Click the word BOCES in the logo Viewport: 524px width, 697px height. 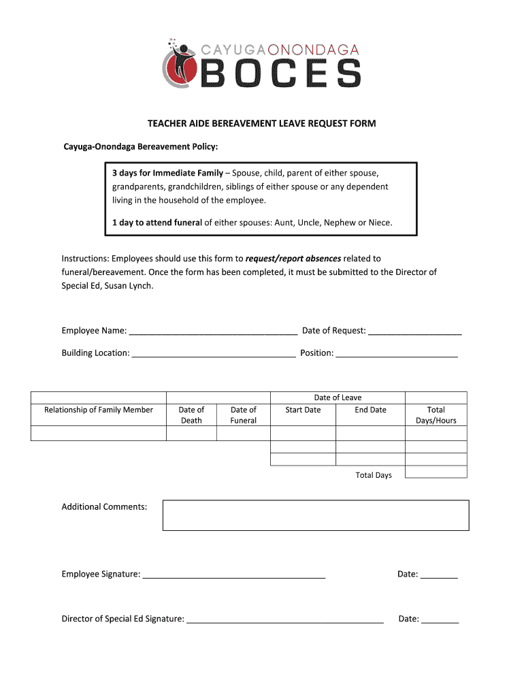(280, 73)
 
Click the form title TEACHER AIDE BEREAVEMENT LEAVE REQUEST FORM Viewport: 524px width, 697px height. (262, 124)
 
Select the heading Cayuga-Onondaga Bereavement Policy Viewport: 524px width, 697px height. (141, 147)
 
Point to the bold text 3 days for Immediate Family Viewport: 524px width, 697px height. (167, 173)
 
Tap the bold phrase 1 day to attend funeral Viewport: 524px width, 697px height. (157, 223)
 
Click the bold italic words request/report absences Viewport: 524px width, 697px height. (293, 259)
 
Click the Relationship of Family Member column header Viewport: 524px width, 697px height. (99, 410)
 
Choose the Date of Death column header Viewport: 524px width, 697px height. (191, 415)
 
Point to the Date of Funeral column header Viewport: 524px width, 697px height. (244, 415)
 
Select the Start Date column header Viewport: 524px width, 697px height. (303, 410)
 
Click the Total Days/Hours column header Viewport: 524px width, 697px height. (436, 415)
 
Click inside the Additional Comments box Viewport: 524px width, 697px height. (316, 515)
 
